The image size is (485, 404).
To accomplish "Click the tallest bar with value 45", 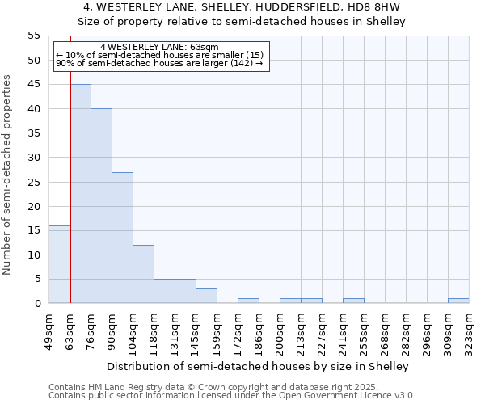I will (80, 194).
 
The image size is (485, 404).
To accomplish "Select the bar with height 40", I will (101, 206).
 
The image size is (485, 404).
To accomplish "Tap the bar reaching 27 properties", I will (122, 238).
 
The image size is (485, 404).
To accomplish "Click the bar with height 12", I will (143, 274).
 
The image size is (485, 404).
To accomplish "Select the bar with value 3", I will (206, 296).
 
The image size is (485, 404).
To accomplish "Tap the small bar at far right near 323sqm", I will (458, 301).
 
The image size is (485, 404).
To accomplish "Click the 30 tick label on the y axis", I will (34, 158).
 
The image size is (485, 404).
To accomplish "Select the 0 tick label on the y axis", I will (37, 304).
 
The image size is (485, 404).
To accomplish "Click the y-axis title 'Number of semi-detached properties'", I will (8, 175).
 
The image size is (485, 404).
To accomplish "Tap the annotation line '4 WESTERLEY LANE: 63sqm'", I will (159, 48).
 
